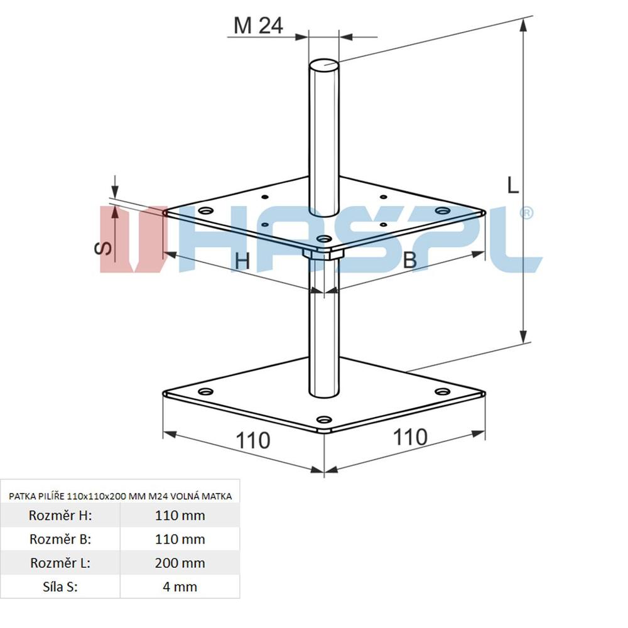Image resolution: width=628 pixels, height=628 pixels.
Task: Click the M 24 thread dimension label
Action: [258, 26]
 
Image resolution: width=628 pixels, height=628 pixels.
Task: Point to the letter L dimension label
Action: [512, 185]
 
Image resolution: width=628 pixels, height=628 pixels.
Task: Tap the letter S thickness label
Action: [103, 248]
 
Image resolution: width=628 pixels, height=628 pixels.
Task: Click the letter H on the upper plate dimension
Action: [242, 261]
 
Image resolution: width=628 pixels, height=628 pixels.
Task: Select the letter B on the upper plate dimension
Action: [409, 259]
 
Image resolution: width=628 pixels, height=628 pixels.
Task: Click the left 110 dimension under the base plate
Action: [253, 441]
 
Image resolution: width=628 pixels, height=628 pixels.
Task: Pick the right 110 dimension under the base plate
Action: [410, 437]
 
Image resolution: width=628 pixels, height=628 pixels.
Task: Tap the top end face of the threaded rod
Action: [324, 66]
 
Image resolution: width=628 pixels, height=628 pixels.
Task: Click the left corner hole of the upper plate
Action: [206, 210]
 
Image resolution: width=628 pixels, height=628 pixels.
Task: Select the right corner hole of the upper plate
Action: [443, 210]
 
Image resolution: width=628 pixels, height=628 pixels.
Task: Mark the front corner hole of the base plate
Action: [324, 420]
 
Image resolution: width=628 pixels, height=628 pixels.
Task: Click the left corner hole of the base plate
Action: [206, 391]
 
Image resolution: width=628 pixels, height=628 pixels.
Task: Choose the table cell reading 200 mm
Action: [180, 563]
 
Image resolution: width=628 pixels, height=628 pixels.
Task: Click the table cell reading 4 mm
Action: [180, 587]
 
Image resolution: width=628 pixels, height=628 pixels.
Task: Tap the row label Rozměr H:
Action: [60, 515]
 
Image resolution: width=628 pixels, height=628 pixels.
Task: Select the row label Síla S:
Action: [60, 587]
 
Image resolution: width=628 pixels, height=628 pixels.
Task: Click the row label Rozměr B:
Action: [60, 539]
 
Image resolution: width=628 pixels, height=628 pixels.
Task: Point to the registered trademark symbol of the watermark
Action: [526, 213]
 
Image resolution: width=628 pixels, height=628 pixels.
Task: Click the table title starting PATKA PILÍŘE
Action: [120, 496]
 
